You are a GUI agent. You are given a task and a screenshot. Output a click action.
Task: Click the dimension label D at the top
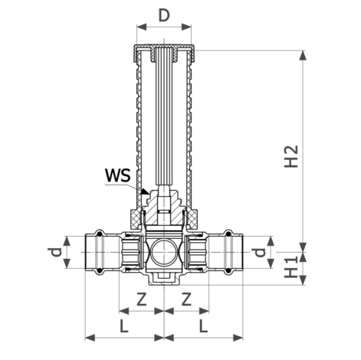tap(164, 15)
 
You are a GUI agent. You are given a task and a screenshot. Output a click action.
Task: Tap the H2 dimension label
tap(291, 156)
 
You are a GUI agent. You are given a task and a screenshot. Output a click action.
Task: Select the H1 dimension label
tap(291, 267)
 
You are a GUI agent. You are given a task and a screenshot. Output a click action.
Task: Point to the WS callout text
tap(118, 175)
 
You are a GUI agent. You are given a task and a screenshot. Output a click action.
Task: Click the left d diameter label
tap(56, 252)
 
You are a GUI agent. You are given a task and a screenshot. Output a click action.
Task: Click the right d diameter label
tap(260, 252)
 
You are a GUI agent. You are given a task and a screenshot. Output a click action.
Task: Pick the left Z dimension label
tap(142, 299)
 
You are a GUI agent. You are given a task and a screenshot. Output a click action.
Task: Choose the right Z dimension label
tap(186, 299)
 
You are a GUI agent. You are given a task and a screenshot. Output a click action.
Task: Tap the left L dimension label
tap(124, 326)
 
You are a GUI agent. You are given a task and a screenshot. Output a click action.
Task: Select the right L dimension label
tap(203, 326)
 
